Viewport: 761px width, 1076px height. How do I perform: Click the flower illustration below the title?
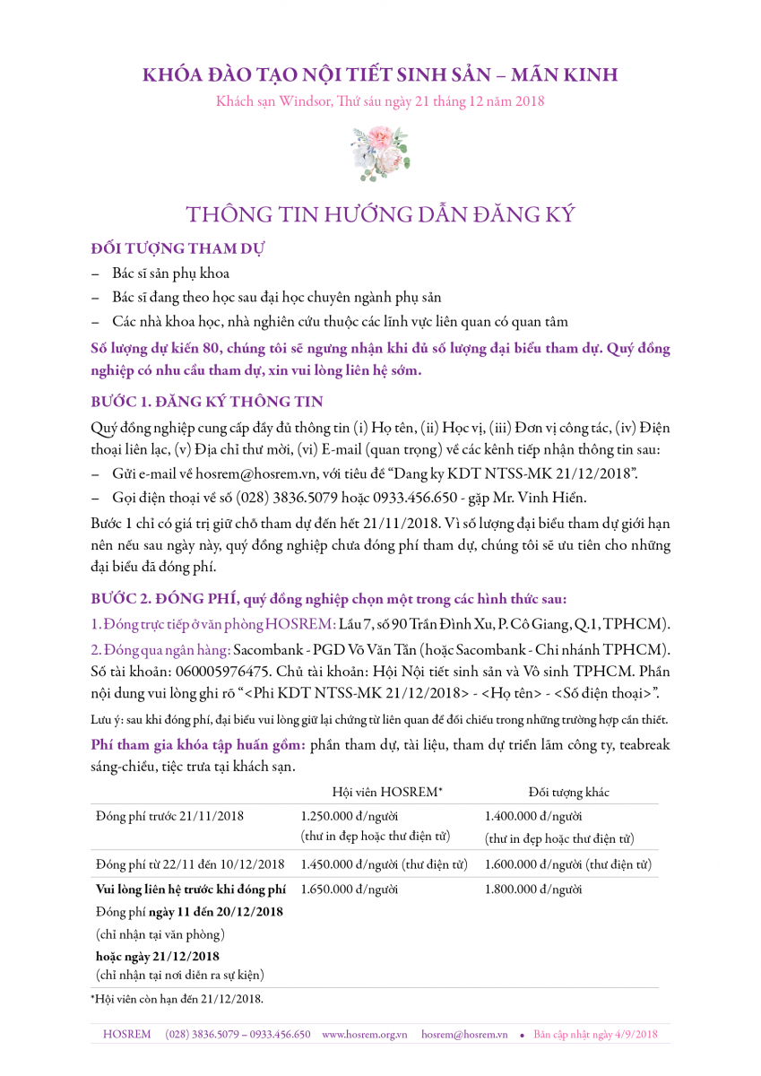tap(380, 153)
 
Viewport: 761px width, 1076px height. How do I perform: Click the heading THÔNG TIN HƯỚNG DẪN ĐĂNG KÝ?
tap(380, 215)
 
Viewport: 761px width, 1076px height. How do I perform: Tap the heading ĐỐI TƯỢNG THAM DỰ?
tap(177, 247)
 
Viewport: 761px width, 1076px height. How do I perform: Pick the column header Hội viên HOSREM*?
tap(387, 792)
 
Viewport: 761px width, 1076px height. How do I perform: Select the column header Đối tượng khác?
tap(568, 792)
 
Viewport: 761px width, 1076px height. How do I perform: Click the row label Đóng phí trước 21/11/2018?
tap(169, 816)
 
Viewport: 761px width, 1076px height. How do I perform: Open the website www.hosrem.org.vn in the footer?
tap(364, 1034)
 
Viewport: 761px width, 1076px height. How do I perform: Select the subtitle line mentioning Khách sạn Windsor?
tap(380, 101)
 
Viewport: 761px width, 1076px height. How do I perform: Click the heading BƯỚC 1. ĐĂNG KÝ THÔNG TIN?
tap(207, 400)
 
